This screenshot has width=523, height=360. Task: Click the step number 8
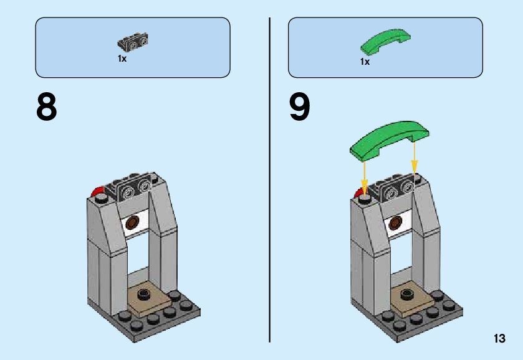(x=47, y=108)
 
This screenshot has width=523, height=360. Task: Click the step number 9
(x=299, y=108)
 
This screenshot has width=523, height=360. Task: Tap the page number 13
(x=499, y=339)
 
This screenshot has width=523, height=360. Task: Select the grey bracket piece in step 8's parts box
(x=133, y=42)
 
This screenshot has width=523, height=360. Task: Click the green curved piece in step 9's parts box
(x=385, y=40)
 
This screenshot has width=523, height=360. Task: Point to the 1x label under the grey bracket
(x=122, y=58)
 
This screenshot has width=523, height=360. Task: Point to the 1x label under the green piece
(x=365, y=62)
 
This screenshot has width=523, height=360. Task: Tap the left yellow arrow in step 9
(x=365, y=174)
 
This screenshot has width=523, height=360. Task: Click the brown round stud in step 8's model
(x=133, y=222)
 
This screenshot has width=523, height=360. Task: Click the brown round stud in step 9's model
(x=396, y=222)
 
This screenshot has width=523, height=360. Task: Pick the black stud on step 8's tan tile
(x=145, y=293)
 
